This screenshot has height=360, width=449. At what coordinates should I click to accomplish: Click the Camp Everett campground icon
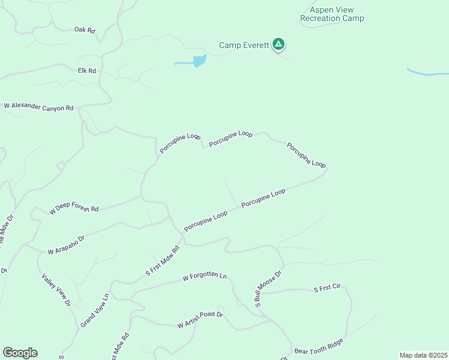(x=279, y=44)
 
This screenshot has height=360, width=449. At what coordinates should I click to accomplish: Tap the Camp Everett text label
(x=244, y=45)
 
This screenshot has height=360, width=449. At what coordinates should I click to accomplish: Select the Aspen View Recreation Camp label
(x=332, y=14)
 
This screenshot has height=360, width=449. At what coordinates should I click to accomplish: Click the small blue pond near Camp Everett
(x=199, y=61)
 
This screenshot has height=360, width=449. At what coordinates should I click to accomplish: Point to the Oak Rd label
(x=85, y=29)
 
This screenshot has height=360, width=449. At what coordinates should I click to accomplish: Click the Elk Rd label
(x=87, y=71)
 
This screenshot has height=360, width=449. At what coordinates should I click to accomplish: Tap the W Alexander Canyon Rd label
(x=38, y=107)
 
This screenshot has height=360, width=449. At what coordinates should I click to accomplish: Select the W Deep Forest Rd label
(x=74, y=208)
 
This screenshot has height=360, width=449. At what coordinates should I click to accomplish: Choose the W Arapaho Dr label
(x=67, y=243)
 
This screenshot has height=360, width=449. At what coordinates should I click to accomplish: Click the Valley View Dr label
(x=56, y=291)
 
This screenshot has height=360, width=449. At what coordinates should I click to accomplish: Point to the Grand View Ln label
(x=95, y=309)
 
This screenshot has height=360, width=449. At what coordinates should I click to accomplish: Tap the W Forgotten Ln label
(x=205, y=277)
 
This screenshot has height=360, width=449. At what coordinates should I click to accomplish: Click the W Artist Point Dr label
(x=200, y=320)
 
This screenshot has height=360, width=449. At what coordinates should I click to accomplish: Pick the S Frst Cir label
(x=327, y=289)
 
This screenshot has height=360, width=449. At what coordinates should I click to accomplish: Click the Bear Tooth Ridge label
(x=319, y=346)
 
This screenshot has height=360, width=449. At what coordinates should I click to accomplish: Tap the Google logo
(x=20, y=353)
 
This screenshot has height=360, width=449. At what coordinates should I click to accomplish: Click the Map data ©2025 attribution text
(x=423, y=355)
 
